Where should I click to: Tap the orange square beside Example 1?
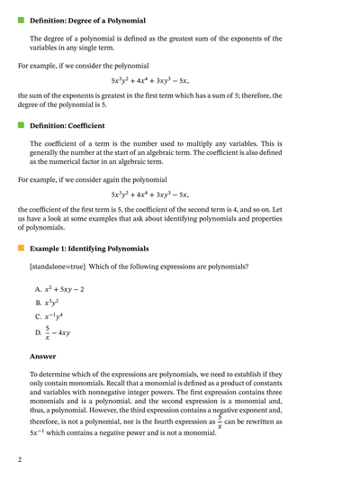coord(20,248)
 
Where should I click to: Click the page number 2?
coord(19,459)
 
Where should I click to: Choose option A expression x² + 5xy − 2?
coord(65,289)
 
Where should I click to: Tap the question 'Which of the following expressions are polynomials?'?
coord(170,267)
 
